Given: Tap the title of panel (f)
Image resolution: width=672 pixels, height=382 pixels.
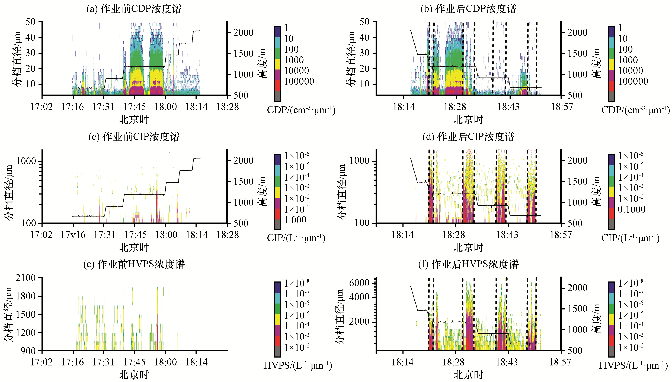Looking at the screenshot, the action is (x=468, y=264).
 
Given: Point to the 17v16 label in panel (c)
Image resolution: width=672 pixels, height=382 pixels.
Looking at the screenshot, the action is (x=73, y=234).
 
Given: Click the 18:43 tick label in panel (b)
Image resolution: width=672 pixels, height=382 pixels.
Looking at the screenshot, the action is (x=508, y=107).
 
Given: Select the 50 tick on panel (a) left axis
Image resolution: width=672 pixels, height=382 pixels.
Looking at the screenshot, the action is (x=30, y=22).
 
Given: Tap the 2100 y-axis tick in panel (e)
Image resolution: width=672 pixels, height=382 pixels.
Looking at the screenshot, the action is (x=25, y=278).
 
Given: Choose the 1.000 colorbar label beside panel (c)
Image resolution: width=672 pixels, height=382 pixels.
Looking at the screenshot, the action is (x=295, y=220).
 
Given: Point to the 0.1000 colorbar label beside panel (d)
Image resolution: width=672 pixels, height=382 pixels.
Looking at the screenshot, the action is (x=631, y=209).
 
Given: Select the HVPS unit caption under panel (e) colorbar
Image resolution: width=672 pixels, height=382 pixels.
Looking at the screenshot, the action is (x=298, y=365).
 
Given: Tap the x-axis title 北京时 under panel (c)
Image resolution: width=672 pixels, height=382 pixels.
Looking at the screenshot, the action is (x=134, y=247).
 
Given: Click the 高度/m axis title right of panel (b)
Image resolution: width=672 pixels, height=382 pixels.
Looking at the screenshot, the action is (x=597, y=63).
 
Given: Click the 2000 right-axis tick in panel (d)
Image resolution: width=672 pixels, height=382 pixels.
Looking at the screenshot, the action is (x=577, y=160).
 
